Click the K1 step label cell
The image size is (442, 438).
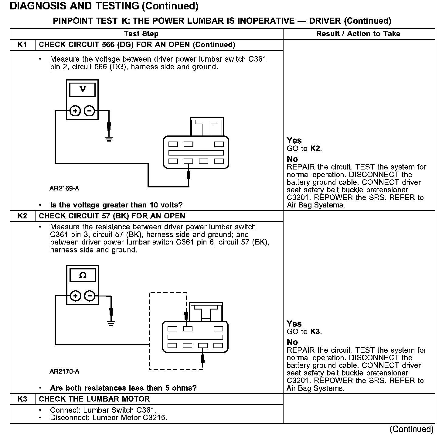pos(22,45)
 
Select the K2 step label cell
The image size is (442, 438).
pos(22,216)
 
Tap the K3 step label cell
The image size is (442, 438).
pos(22,399)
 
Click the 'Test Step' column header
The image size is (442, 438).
pos(141,34)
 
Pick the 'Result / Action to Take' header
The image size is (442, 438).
pos(358,34)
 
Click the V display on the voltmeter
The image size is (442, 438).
pos(82,90)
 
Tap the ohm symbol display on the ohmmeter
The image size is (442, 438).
pos(83,275)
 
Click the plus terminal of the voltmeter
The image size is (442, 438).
pos(75,111)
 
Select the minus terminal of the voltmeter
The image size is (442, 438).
pos(89,111)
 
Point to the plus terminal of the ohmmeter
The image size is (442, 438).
pos(76,296)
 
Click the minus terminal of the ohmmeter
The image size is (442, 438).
pos(90,296)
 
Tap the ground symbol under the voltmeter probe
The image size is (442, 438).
pos(109,139)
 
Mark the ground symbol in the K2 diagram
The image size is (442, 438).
pos(111,323)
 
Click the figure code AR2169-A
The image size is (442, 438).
pos(64,188)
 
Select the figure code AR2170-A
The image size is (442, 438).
pos(64,371)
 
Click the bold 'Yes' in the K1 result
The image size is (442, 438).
pos(294,141)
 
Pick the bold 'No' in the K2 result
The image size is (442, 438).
pos(292,342)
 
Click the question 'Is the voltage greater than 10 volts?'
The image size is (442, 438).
pos(116,205)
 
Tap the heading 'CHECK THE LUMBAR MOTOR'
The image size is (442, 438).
pos(94,399)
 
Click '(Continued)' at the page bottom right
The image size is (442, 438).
pos(411,429)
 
